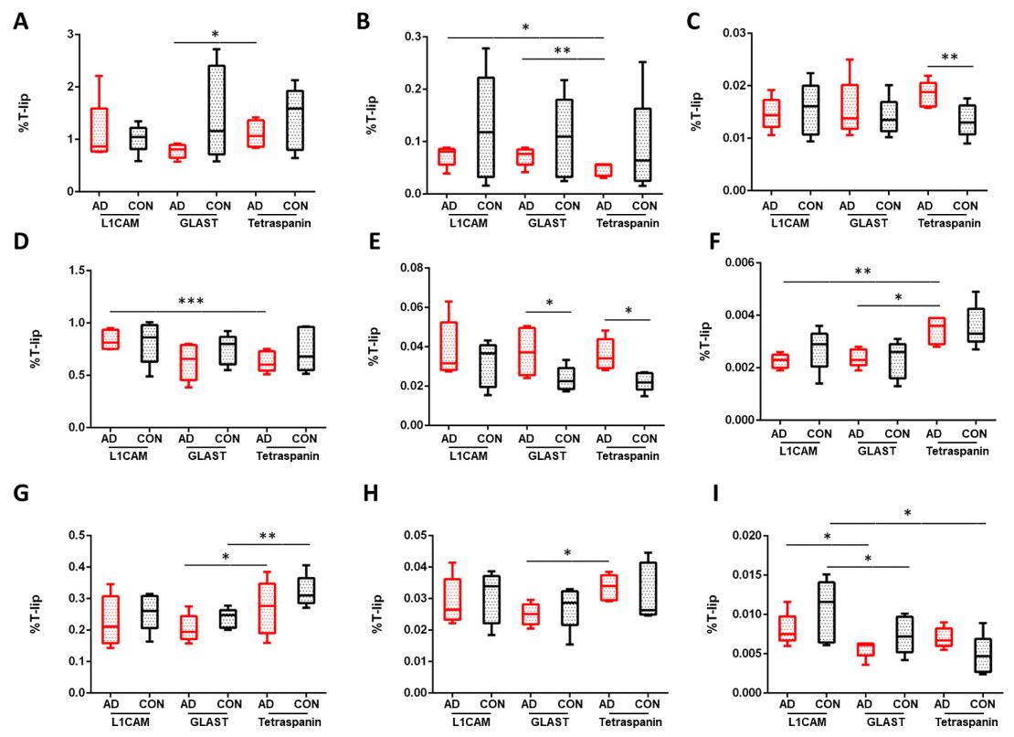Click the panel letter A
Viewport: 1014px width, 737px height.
click(x=19, y=19)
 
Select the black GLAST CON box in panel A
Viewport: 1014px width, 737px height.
click(x=217, y=111)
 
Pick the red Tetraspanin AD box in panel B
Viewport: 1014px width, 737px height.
click(x=602, y=170)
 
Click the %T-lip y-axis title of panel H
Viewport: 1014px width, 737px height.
click(x=361, y=612)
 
